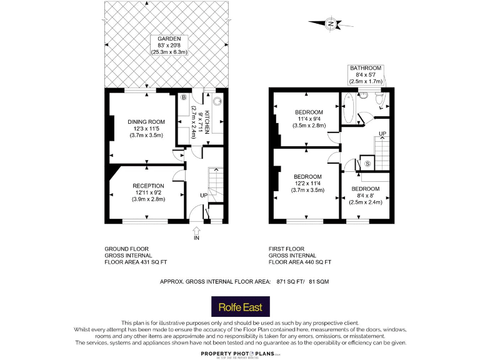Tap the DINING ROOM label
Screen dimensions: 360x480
tap(146, 121)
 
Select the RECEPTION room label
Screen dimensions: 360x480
tap(148, 186)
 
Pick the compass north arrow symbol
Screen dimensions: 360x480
tap(329, 24)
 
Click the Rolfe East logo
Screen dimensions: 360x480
tap(240, 308)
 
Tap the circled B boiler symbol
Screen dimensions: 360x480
tap(184, 98)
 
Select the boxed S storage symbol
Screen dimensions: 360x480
tap(367, 164)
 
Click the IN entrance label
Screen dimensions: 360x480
tap(196, 238)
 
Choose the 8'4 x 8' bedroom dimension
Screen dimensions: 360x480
tap(366, 196)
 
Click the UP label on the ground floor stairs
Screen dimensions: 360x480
tap(203, 195)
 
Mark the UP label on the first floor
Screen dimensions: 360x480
tap(382, 134)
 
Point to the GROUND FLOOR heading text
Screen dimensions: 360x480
tap(126, 249)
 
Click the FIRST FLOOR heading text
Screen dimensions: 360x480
tap(289, 249)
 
